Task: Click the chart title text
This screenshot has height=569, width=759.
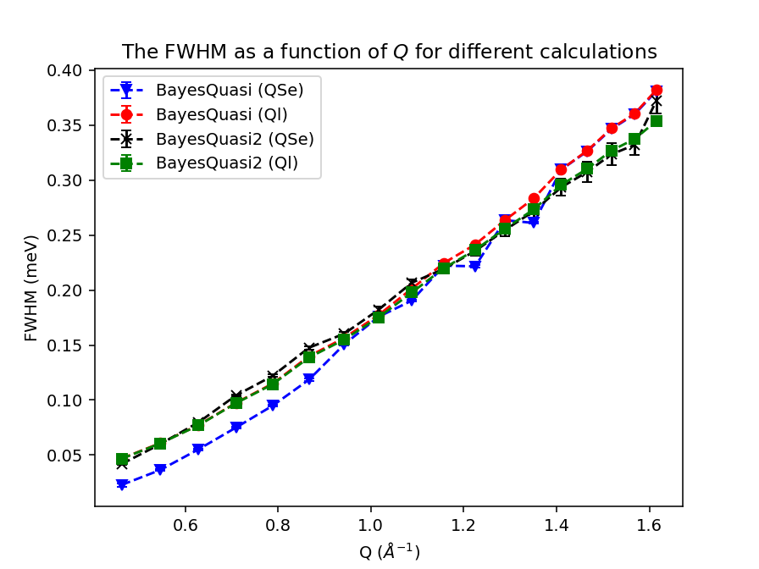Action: pyautogui.click(x=389, y=52)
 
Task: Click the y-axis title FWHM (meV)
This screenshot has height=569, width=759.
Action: pyautogui.click(x=31, y=289)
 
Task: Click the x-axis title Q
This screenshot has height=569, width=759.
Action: pyautogui.click(x=389, y=552)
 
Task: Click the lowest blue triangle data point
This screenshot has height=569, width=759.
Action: pyautogui.click(x=122, y=485)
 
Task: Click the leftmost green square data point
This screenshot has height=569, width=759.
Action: pyautogui.click(x=122, y=459)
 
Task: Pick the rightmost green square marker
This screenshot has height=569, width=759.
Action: pyautogui.click(x=657, y=120)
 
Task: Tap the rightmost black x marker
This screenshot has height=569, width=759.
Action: pyautogui.click(x=657, y=102)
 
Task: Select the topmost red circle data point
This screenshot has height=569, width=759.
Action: pyautogui.click(x=657, y=91)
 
